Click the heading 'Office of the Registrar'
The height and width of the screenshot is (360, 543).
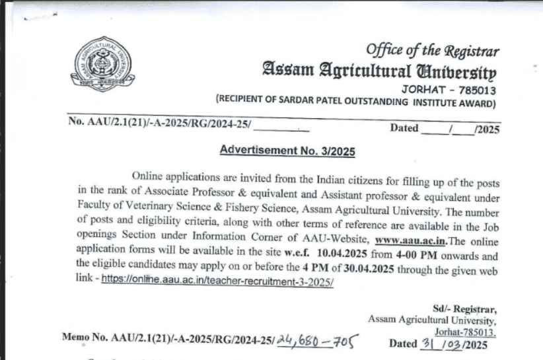click(432, 50)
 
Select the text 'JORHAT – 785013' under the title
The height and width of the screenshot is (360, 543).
click(449, 89)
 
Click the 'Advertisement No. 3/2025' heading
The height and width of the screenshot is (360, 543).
click(287, 151)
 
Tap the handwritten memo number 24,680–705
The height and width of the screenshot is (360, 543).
click(316, 342)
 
